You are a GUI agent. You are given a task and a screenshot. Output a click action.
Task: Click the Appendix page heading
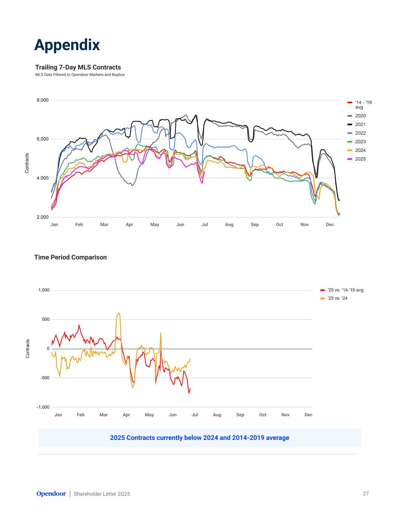coord(67,45)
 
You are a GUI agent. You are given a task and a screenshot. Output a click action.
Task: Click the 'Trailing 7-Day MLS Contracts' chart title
coord(78,68)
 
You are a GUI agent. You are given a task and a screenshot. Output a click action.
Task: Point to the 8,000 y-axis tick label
coord(42,100)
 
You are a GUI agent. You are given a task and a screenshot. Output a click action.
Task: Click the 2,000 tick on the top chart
coord(42,217)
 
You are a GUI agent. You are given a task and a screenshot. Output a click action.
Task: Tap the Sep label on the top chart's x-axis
coord(255,224)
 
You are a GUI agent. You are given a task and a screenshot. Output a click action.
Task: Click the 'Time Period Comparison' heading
coord(71,257)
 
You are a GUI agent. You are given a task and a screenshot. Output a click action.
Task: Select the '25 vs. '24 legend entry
coord(337,298)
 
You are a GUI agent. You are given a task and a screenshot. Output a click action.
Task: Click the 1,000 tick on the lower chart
coord(44,290)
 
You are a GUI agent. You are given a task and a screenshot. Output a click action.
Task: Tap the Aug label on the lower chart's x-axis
coord(217,415)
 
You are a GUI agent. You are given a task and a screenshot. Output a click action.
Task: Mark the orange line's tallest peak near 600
coord(118,313)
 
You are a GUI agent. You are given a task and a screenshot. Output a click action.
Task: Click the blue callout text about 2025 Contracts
coord(200,438)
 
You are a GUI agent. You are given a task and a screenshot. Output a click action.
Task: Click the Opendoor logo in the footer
coord(51,493)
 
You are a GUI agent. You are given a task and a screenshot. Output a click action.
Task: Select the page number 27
coord(366,493)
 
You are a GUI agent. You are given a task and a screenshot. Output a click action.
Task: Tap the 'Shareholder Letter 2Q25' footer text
coord(102,494)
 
